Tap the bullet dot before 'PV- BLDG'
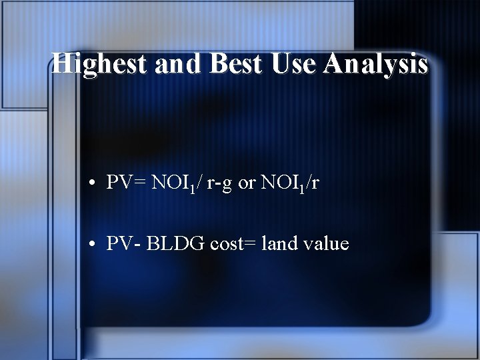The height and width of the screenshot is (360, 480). coord(96,245)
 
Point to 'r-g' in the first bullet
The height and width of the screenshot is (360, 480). coord(219,184)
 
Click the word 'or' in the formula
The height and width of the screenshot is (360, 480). coord(247,184)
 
